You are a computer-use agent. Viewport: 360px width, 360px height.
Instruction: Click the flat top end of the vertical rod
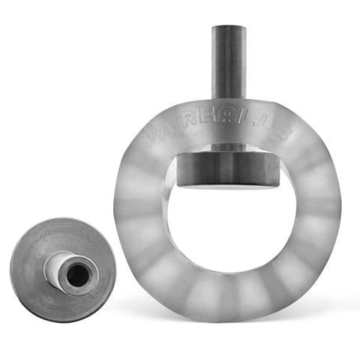[228, 28]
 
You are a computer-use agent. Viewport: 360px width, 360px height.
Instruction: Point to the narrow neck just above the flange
[228, 147]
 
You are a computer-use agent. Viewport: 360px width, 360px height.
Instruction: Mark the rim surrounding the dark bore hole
[86, 266]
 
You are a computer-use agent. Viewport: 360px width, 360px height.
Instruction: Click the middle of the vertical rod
[228, 64]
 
